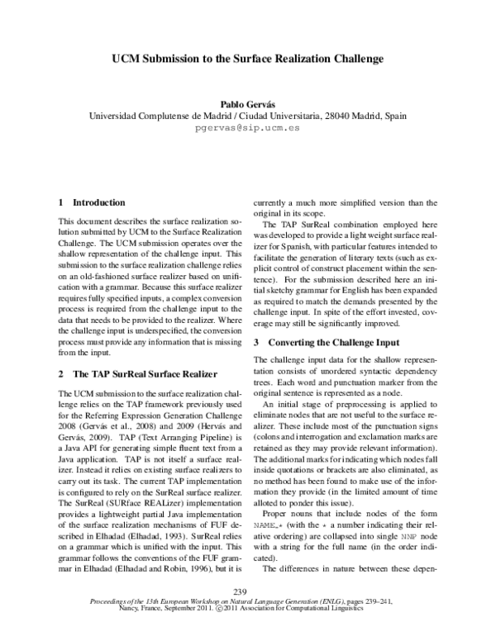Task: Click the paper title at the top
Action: [248, 59]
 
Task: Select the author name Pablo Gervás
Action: [248, 104]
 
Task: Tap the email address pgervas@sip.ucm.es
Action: [247, 129]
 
